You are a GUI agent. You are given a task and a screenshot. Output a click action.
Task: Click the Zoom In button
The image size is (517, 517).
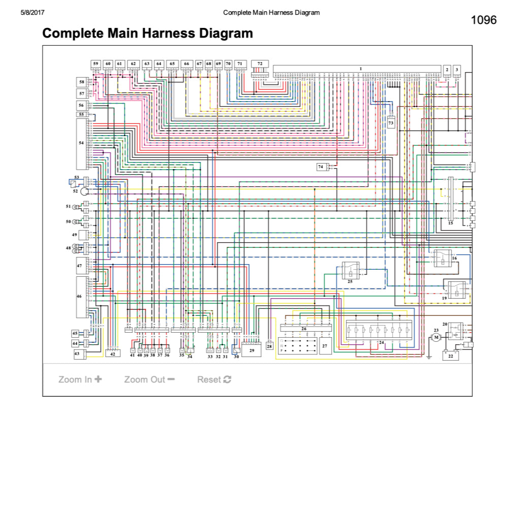(x=80, y=379)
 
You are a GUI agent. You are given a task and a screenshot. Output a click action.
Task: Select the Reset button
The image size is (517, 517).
(x=214, y=379)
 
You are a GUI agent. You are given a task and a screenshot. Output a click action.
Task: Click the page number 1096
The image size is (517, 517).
(x=483, y=20)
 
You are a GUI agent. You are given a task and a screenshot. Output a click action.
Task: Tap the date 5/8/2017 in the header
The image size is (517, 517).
(x=32, y=13)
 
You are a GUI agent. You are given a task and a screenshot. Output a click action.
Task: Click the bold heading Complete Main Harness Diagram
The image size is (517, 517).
(x=147, y=34)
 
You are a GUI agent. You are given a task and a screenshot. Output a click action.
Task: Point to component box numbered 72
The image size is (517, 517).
(x=260, y=63)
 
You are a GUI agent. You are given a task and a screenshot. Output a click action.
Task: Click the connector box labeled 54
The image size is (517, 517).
(x=81, y=144)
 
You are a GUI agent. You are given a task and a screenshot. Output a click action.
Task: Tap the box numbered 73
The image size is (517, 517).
(x=391, y=122)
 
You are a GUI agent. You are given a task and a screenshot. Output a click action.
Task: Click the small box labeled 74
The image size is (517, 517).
(x=320, y=167)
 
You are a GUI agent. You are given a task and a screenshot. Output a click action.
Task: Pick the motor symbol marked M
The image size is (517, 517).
(x=436, y=338)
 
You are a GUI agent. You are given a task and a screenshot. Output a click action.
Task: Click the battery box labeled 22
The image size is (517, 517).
(x=450, y=356)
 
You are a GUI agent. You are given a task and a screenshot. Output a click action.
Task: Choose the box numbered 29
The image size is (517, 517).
(x=251, y=350)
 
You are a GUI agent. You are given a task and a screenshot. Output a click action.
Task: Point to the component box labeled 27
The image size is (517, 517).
(x=326, y=346)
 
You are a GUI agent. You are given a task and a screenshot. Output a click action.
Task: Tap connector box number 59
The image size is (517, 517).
(x=95, y=64)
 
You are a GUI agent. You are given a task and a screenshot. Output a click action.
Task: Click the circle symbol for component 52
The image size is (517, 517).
(x=85, y=191)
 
